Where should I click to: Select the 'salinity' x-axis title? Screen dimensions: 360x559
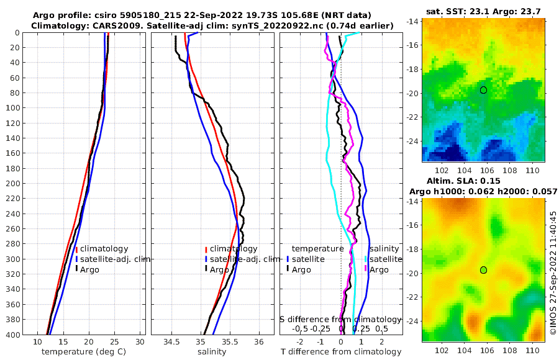212,352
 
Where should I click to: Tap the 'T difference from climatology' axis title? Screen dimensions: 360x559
341,352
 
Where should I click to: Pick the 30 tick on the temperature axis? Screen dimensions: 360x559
140,342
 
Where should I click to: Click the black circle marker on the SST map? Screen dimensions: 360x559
483,90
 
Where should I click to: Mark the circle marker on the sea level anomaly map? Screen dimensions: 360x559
483,269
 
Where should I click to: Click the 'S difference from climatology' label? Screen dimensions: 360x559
341,319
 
